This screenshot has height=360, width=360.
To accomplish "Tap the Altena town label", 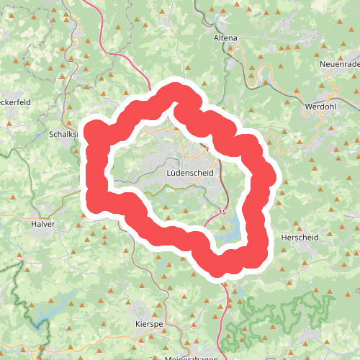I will [x=225, y=37].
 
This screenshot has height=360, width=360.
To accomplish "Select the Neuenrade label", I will [x=338, y=66].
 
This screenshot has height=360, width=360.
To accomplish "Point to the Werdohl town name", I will [x=320, y=106].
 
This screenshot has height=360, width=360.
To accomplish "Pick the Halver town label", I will [x=43, y=224].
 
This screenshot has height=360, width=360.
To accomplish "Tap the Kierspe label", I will [x=150, y=325].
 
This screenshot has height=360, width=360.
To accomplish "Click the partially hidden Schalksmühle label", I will [x=63, y=134].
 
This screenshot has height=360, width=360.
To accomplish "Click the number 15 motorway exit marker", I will [x=221, y=212].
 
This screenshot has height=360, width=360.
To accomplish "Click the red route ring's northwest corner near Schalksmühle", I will [x=96, y=134].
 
